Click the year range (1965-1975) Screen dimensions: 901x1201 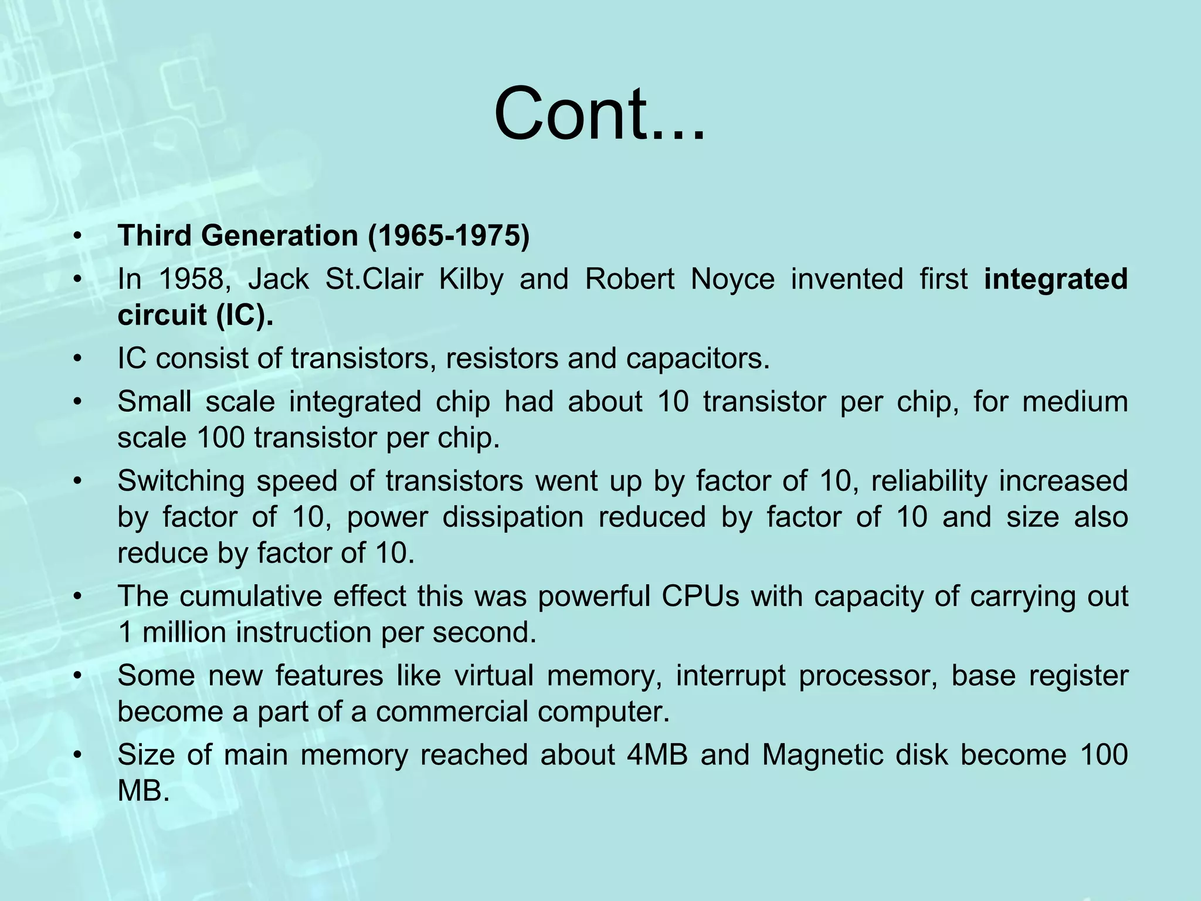pyautogui.click(x=449, y=236)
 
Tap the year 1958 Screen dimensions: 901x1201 pyautogui.click(x=191, y=279)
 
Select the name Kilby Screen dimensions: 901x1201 pyautogui.click(x=471, y=280)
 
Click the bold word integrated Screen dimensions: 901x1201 pyautogui.click(x=1056, y=280)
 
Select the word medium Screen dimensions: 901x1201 pyautogui.click(x=1075, y=402)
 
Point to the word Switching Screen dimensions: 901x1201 pyautogui.click(x=181, y=482)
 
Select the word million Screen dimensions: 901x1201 pyautogui.click(x=184, y=632)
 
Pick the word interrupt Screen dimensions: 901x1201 pyautogui.click(x=730, y=676)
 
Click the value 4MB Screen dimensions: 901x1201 pyautogui.click(x=657, y=755)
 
